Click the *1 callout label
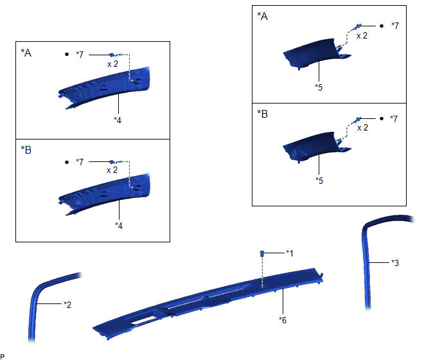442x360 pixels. point(290,253)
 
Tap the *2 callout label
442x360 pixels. point(67,305)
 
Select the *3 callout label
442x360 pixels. point(395,263)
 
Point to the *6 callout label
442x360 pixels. point(283,320)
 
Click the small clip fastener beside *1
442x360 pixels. point(262,253)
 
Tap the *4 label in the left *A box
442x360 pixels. point(118,120)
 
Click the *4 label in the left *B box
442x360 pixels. point(119,226)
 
